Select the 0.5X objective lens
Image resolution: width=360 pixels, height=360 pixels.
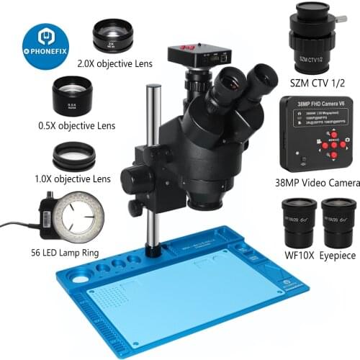click(x=72, y=94)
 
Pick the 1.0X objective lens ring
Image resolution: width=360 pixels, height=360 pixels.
click(x=74, y=155)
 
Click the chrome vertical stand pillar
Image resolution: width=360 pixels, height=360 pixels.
click(x=153, y=166)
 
